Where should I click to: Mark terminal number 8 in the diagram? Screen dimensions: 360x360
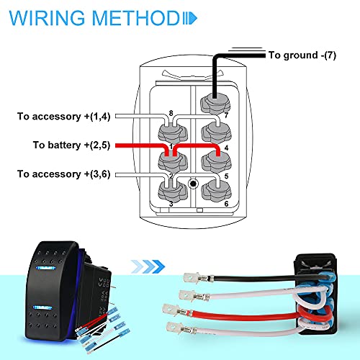click(x=170, y=113)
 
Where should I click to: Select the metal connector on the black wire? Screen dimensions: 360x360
click(x=192, y=275)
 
